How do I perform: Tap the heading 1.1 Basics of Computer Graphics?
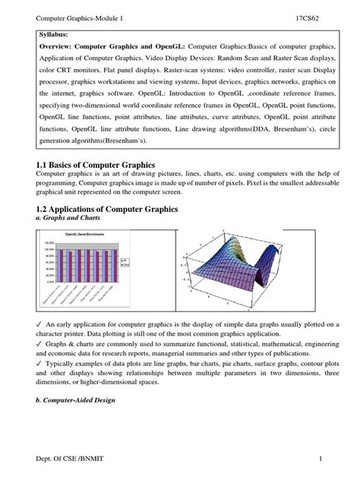pos(90,165)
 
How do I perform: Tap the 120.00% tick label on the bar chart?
pos(45,242)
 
